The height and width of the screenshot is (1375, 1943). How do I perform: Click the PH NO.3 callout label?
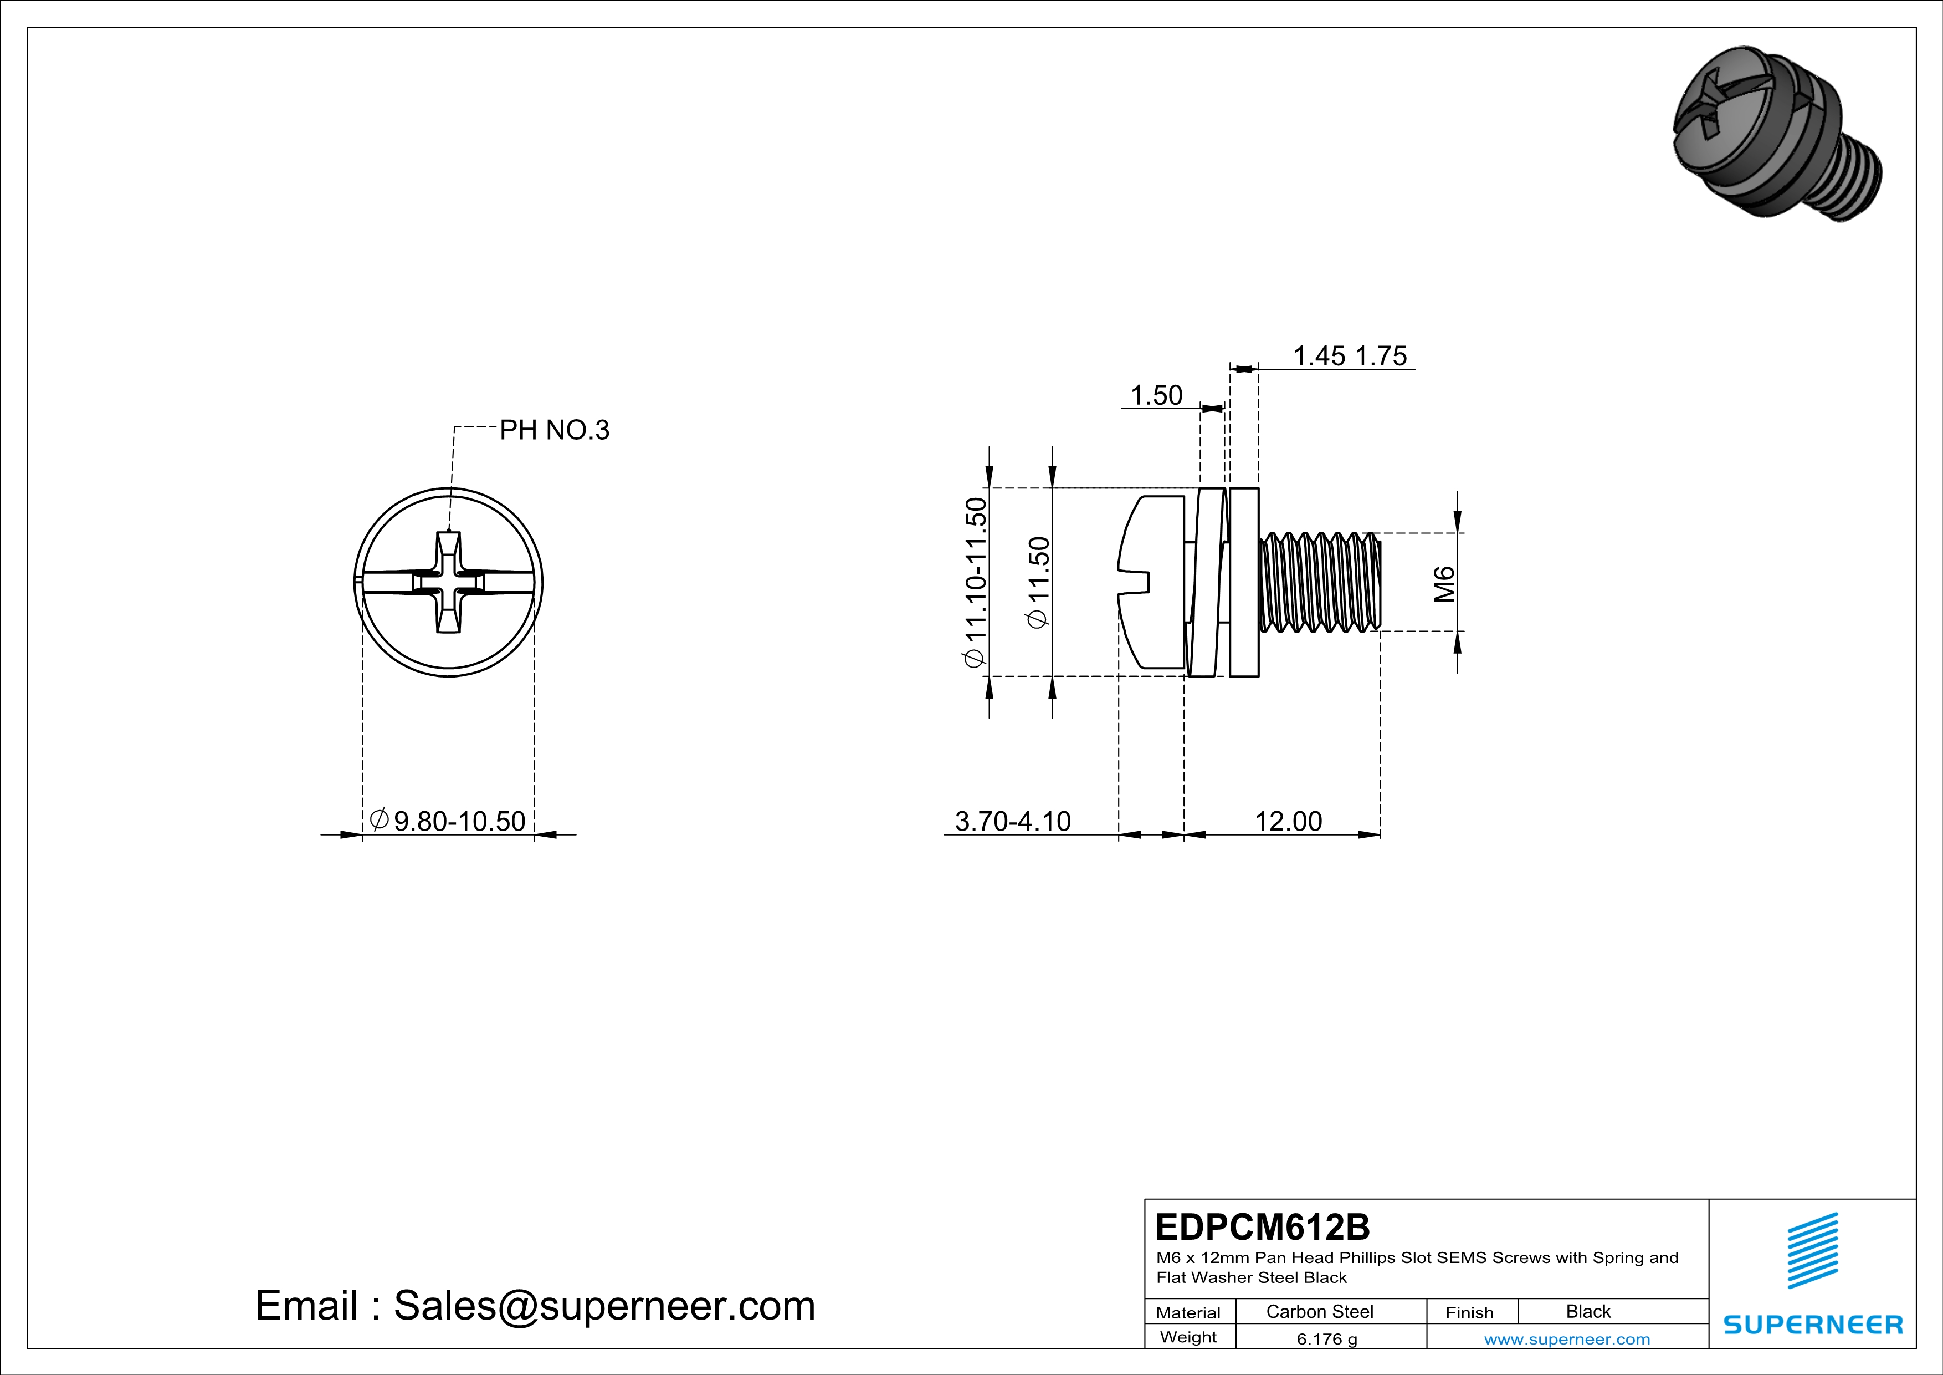pyautogui.click(x=554, y=430)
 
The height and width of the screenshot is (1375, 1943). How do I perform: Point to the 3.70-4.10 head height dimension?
pyautogui.click(x=1012, y=821)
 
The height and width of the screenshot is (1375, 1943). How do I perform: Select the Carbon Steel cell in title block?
pyautogui.click(x=1319, y=1311)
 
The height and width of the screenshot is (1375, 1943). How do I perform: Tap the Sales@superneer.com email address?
pyautogui.click(x=604, y=1306)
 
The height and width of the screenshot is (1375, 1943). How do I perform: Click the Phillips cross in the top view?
pyautogui.click(x=449, y=583)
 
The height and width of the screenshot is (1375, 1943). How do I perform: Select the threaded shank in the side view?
pyautogui.click(x=1320, y=583)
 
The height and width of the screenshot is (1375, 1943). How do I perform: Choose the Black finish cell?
pyautogui.click(x=1587, y=1311)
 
